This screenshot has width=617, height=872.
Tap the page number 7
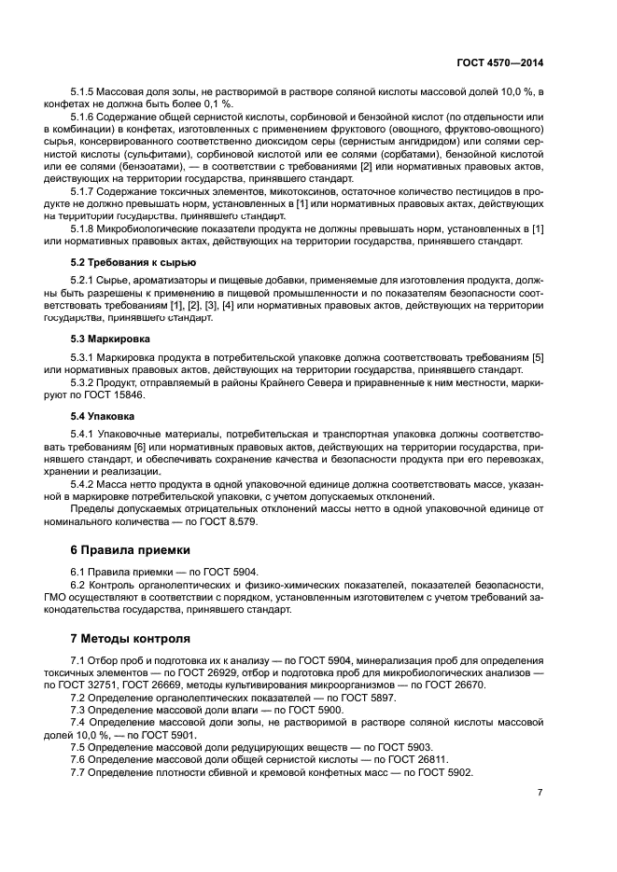click(540, 792)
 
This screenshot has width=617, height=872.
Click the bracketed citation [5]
click(537, 357)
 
